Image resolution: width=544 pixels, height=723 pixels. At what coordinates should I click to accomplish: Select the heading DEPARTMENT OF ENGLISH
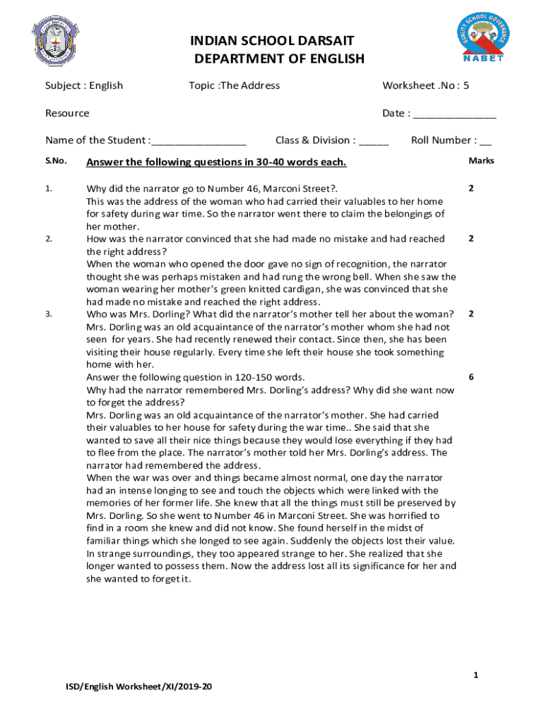pos(279,59)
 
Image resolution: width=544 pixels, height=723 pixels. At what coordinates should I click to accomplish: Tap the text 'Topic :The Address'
pos(234,85)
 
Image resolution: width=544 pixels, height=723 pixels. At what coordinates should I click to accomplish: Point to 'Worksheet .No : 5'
pos(425,85)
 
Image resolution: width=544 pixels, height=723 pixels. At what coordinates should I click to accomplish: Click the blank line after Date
pos(454,114)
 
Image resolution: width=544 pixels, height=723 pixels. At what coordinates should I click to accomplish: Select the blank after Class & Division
pos(374,141)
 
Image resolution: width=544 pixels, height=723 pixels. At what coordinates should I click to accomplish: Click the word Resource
pos(67,113)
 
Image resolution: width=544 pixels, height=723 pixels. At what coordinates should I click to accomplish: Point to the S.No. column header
pos(56,161)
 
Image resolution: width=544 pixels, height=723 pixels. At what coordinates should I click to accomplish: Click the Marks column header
pos(480,161)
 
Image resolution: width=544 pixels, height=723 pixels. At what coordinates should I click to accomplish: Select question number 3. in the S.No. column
pos(48,313)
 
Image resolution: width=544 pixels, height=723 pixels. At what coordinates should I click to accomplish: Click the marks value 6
pos(471,377)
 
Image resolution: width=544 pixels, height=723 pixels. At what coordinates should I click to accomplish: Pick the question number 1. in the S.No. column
pos(48,189)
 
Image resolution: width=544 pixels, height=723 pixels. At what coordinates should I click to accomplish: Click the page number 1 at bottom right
pos(476,676)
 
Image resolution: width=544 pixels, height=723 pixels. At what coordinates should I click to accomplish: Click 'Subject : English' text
pos(84,85)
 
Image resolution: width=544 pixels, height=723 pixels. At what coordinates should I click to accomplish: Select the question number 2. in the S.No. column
pos(48,239)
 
